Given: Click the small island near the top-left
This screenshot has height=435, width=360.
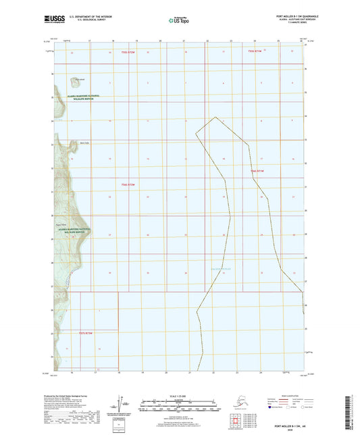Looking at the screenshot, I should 72,81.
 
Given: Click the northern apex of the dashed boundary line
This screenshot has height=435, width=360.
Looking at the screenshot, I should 215,117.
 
